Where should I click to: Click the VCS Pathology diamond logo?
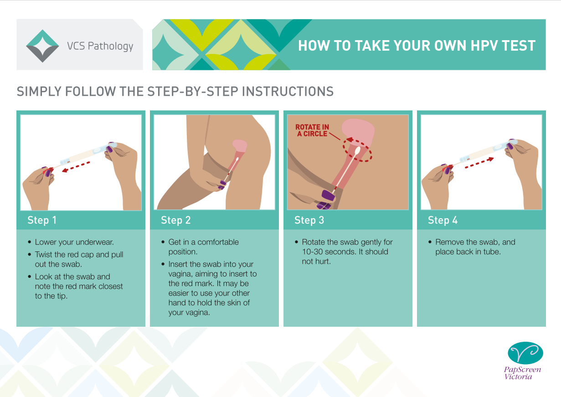tap(42, 46)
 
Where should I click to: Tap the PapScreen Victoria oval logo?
tap(525, 353)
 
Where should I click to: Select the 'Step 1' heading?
tap(42, 220)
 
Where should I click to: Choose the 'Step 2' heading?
tap(176, 220)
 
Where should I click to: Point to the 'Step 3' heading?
tap(309, 220)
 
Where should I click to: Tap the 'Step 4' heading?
tap(443, 220)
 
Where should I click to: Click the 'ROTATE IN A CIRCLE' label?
tap(312, 131)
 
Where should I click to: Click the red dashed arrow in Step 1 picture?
tap(76, 167)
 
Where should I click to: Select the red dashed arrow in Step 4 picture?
tap(479, 163)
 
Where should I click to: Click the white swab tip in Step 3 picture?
tap(358, 150)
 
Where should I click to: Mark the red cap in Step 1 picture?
tap(47, 171)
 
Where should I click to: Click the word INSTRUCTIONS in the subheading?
tap(288, 91)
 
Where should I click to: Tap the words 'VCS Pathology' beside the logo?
tap(100, 47)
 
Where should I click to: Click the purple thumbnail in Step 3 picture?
tap(328, 195)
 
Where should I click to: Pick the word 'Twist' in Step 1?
tap(44, 255)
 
